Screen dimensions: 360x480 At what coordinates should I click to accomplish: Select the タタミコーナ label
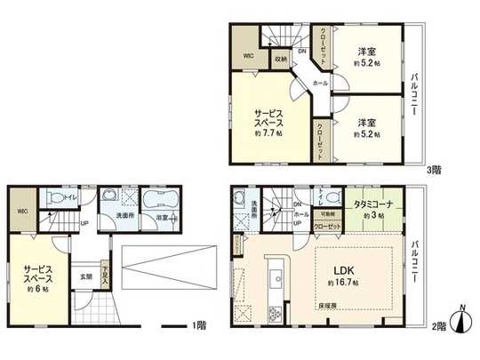(x=374, y=204)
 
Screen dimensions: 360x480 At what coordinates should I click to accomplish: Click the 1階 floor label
(x=199, y=324)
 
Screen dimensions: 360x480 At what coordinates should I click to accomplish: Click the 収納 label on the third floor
(x=280, y=60)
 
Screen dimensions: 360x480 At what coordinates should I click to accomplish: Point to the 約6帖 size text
(x=37, y=290)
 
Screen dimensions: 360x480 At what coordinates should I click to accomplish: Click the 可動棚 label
(x=327, y=214)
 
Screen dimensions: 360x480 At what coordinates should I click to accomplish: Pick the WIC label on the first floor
(x=21, y=212)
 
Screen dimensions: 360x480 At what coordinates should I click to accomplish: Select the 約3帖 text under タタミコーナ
(x=374, y=216)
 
